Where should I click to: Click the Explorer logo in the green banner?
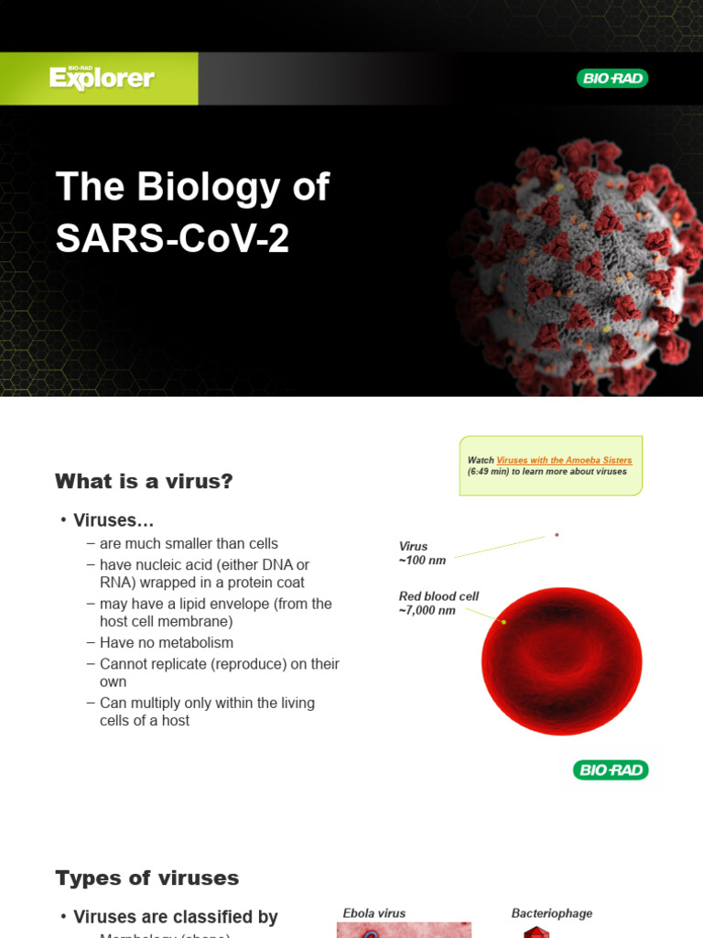(x=102, y=78)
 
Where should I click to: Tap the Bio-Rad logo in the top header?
(x=611, y=79)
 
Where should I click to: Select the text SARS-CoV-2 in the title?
(x=172, y=239)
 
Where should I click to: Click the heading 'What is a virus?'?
(x=144, y=481)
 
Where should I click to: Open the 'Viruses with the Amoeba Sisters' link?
(x=564, y=460)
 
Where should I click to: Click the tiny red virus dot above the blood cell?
(x=557, y=535)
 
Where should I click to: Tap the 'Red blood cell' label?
(x=438, y=596)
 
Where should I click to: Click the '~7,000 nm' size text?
(x=427, y=610)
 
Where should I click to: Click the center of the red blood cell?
(x=561, y=661)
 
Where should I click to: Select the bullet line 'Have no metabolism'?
(x=167, y=643)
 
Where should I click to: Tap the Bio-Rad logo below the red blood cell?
(x=611, y=769)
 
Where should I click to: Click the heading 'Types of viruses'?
(x=146, y=878)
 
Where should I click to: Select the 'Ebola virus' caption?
(x=373, y=913)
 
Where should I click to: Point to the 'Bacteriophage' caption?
(x=551, y=913)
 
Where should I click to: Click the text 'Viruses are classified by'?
(x=175, y=917)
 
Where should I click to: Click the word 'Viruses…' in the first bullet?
(x=114, y=520)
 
